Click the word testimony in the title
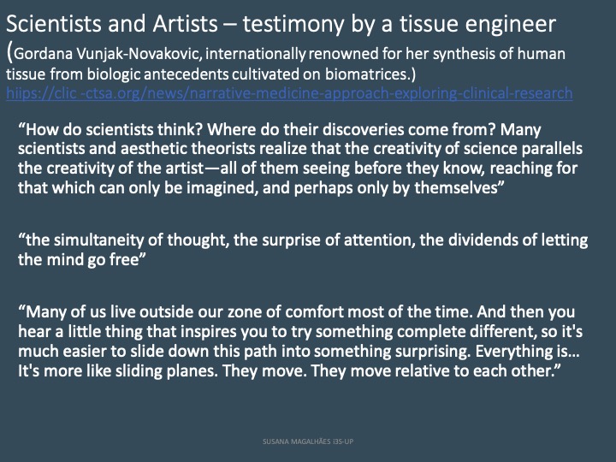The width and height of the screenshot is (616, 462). [293, 24]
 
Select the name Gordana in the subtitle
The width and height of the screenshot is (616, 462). [44, 53]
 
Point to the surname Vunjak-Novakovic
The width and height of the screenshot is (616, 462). [139, 54]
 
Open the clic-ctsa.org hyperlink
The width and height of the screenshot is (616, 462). [289, 93]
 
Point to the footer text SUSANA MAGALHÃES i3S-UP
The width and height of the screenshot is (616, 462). [308, 441]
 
